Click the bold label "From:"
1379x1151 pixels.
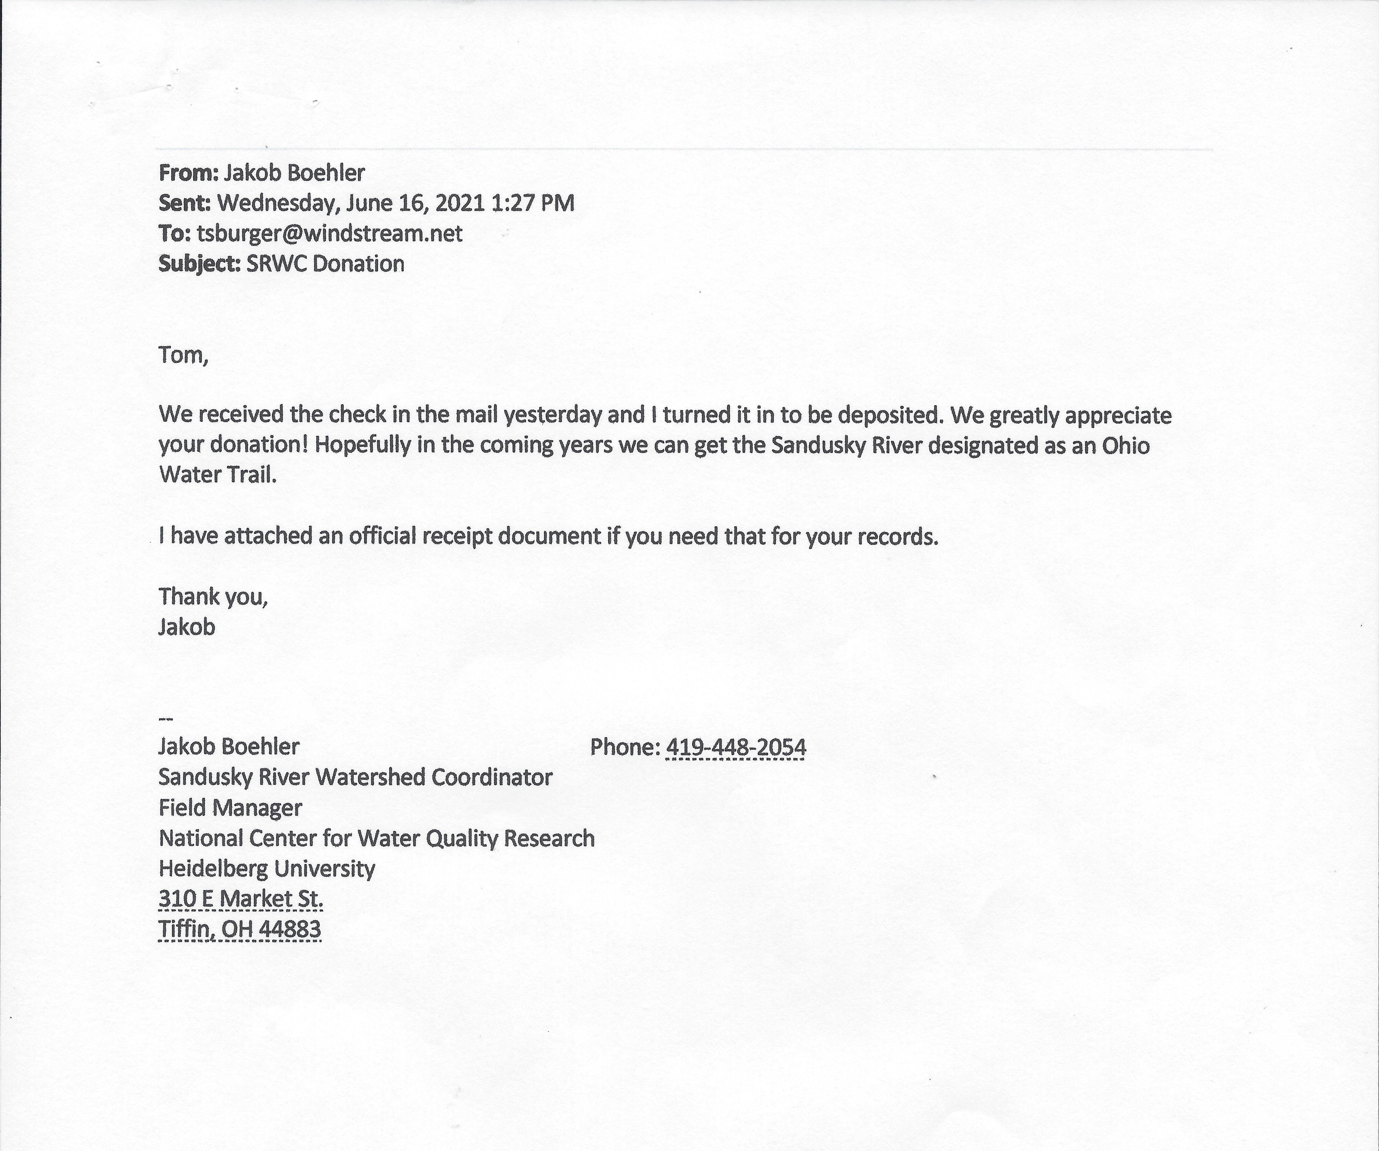(x=188, y=173)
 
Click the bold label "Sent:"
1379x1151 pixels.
(x=184, y=203)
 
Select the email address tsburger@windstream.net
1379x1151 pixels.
(x=330, y=233)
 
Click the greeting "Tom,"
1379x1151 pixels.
(x=183, y=355)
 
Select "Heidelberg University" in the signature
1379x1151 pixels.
(x=267, y=868)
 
